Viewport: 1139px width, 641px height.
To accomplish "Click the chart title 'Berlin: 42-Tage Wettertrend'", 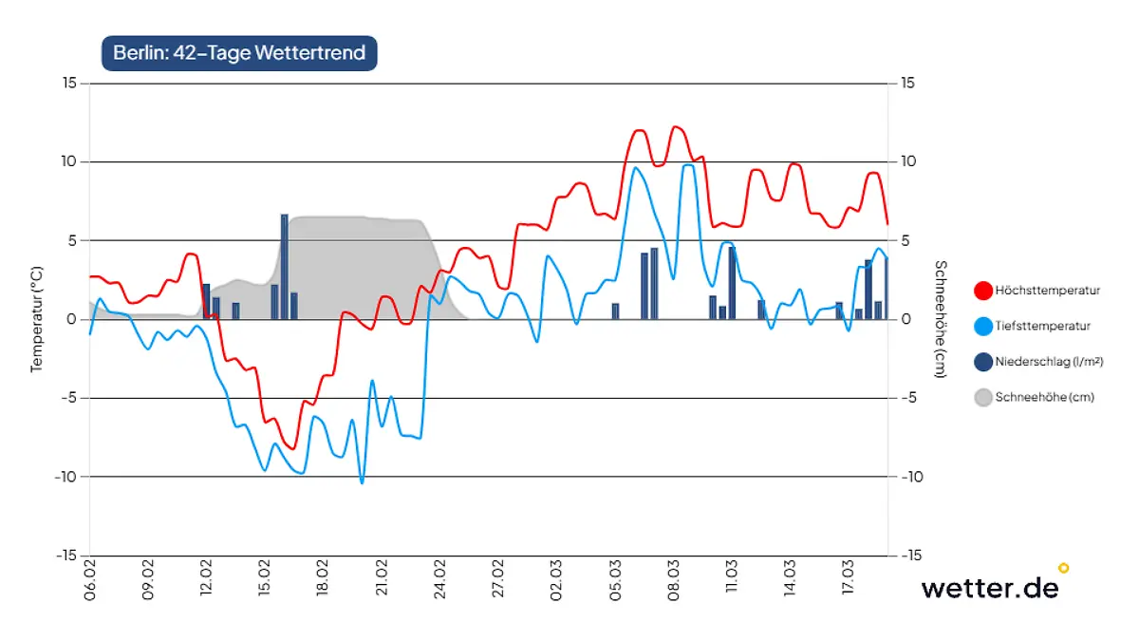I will tap(239, 53).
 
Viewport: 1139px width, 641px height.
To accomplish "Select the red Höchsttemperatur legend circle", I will tap(983, 291).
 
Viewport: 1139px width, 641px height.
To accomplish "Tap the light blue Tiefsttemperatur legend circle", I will tap(983, 326).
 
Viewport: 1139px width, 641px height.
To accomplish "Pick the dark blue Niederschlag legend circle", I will tap(983, 362).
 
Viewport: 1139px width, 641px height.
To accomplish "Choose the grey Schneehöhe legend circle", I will tap(983, 398).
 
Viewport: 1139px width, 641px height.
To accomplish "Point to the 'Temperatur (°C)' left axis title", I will tap(37, 319).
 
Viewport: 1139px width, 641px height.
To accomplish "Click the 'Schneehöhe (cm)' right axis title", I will tap(940, 319).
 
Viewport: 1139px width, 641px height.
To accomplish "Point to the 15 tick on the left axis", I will tap(69, 84).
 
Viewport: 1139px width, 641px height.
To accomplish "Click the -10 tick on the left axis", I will tap(65, 477).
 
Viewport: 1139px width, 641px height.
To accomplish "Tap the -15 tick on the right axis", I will tap(909, 556).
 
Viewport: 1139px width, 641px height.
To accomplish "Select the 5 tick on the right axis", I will tap(907, 240).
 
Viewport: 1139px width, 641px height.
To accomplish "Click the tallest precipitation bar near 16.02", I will tap(285, 267).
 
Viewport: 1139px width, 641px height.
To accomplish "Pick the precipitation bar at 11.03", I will tap(732, 283).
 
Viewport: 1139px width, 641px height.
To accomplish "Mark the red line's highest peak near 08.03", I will tap(676, 126).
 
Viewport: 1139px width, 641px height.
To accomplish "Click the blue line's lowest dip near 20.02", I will tap(362, 482).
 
